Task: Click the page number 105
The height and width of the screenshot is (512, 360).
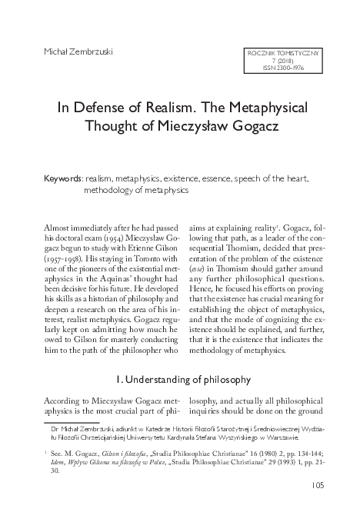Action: tap(322, 484)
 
